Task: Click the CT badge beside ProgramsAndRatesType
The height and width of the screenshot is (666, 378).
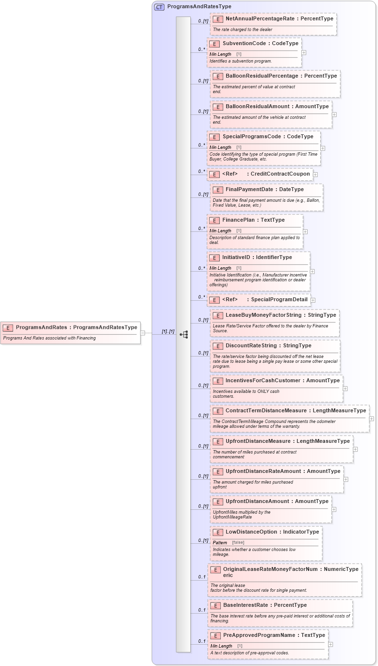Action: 159,7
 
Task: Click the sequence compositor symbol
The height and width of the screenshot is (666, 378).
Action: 184,334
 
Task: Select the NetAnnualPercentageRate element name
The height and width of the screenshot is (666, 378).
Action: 260,18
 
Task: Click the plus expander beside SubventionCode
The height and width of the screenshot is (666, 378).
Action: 304,52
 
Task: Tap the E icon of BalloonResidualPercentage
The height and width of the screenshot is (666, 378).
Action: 218,76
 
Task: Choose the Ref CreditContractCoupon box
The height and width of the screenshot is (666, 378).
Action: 260,174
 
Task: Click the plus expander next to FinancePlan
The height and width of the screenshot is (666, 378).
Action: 305,232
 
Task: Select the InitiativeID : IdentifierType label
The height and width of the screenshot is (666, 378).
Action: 257,257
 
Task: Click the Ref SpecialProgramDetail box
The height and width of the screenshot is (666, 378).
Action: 259,300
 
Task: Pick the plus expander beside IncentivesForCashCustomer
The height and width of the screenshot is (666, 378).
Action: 345,389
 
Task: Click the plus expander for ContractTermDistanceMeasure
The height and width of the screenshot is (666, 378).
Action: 372,419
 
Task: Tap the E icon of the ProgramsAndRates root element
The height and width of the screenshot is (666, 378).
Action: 8,327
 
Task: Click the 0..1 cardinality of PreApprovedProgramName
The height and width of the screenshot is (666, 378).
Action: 201,641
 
